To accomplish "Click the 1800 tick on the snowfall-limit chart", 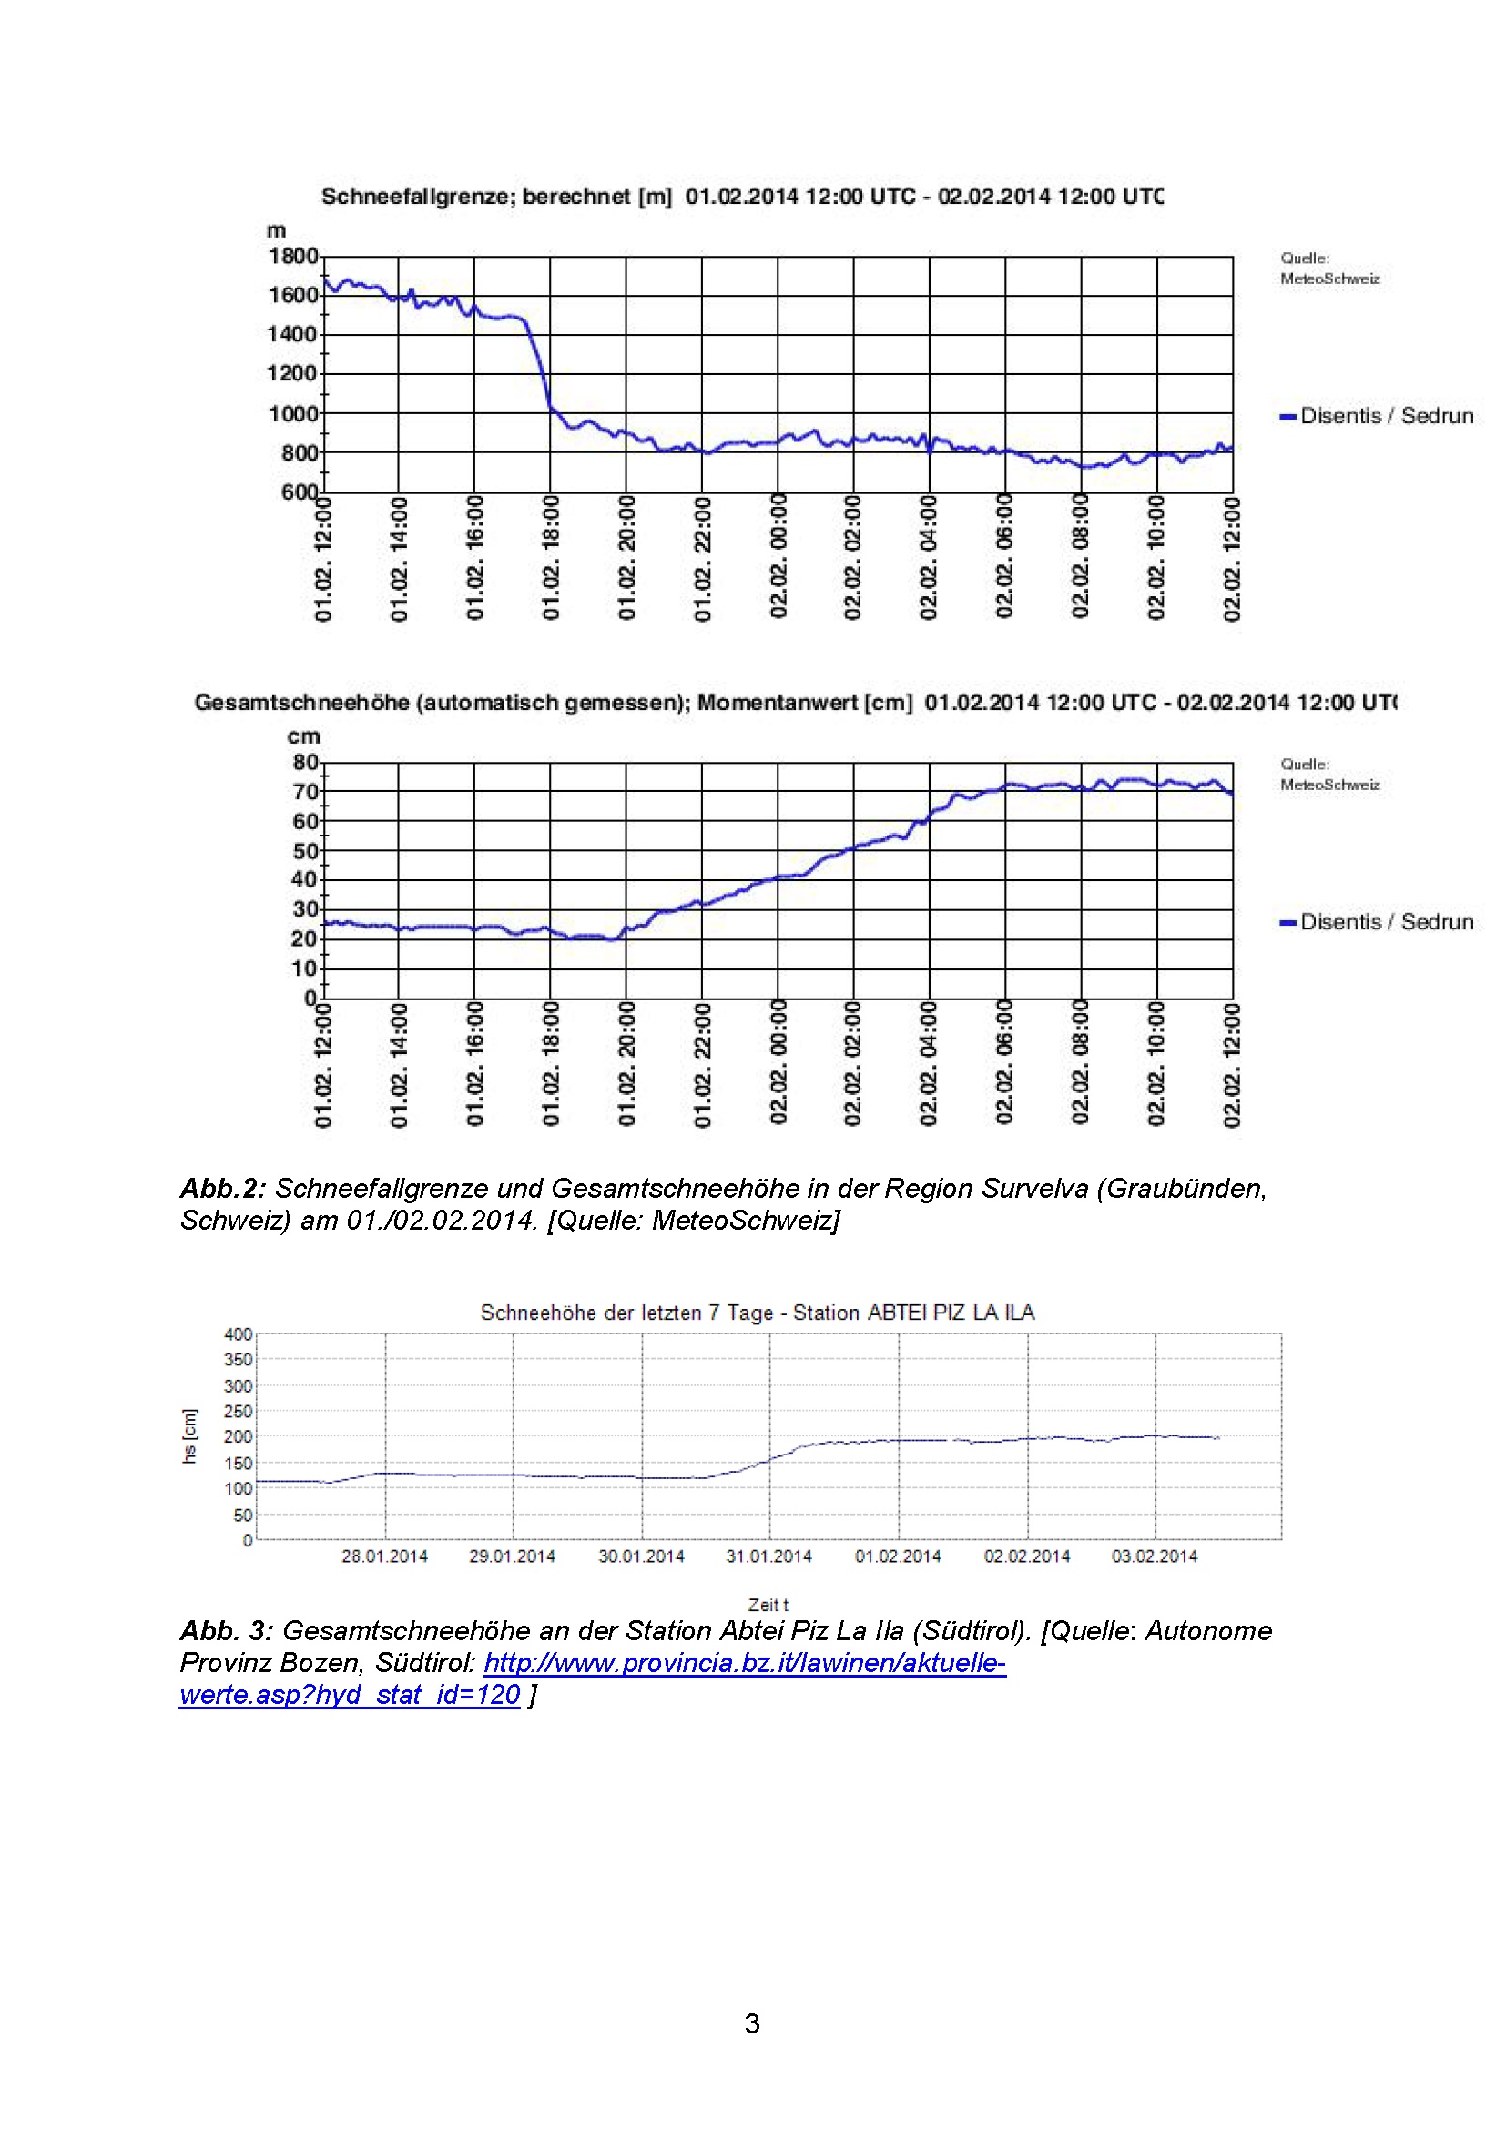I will tap(293, 256).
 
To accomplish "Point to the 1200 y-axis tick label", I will tap(293, 374).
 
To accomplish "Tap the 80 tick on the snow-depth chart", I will tap(305, 762).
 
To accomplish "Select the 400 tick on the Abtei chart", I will tap(239, 1334).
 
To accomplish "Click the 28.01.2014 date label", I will tap(384, 1556).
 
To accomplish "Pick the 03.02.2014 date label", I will tap(1155, 1556).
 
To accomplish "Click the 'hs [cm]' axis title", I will tap(190, 1436).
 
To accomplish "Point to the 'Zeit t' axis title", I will tap(768, 1604).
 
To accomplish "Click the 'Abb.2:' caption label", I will tap(222, 1189).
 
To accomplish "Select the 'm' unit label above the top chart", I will tap(277, 230).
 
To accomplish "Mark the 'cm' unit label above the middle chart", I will tap(303, 736).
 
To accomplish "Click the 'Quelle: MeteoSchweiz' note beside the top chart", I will tap(1328, 268).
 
